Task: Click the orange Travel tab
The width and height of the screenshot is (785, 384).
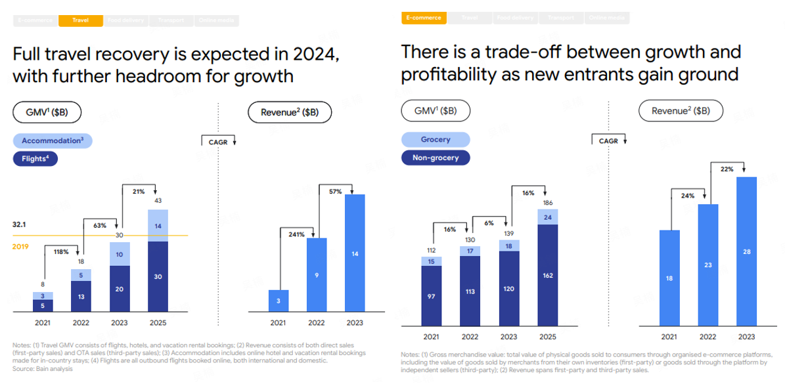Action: (x=81, y=20)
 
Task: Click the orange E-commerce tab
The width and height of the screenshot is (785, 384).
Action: (x=424, y=18)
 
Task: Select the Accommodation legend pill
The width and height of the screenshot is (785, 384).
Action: (x=52, y=140)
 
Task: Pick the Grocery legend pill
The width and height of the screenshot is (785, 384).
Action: (x=436, y=139)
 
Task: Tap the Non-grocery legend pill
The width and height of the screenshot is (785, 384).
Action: (x=436, y=158)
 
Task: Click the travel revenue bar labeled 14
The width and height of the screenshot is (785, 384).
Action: (x=355, y=253)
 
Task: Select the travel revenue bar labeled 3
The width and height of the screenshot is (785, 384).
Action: (x=278, y=301)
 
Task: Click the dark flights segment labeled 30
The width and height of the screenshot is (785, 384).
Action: (x=158, y=276)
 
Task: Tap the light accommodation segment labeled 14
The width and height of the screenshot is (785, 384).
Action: (x=158, y=226)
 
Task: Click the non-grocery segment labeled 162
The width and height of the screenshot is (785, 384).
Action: (x=548, y=275)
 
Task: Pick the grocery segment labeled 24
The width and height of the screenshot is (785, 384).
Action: (x=548, y=217)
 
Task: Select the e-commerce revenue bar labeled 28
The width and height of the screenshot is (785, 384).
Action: (x=747, y=251)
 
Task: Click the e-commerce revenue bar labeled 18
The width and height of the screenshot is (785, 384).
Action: (x=669, y=278)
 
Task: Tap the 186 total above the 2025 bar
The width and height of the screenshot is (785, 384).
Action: (x=548, y=203)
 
